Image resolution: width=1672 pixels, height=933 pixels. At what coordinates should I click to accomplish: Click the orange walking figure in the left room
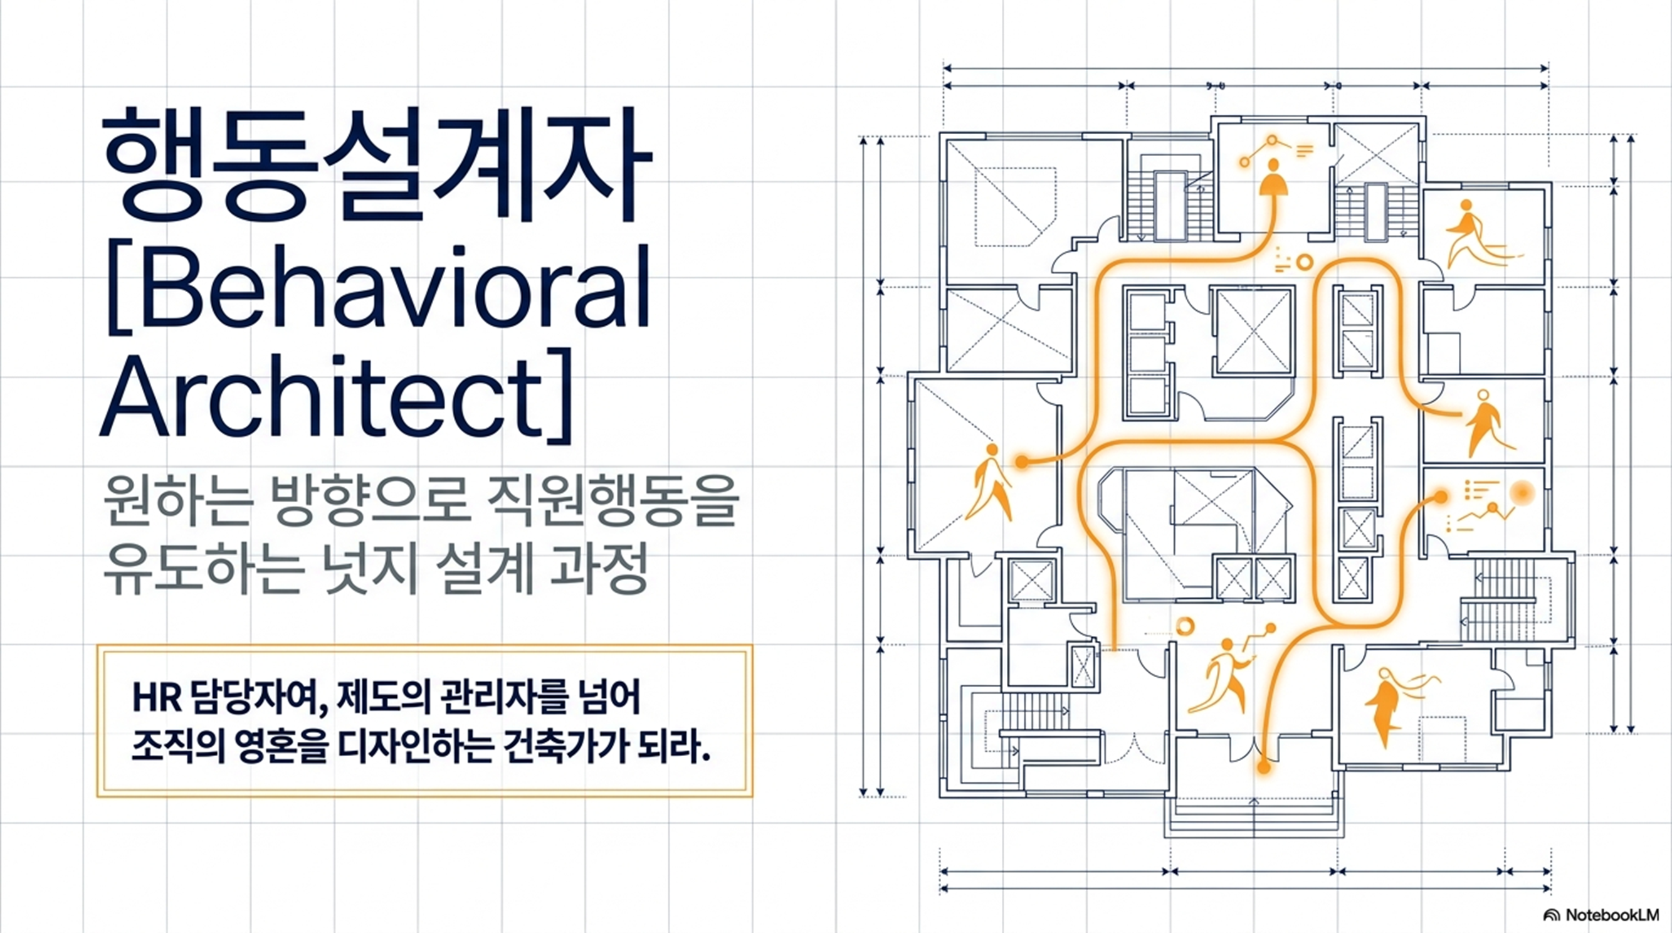(x=987, y=481)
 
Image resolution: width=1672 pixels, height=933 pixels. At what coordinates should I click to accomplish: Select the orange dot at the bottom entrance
(x=1263, y=767)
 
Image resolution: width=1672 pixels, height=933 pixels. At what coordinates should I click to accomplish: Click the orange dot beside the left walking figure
(x=1022, y=461)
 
